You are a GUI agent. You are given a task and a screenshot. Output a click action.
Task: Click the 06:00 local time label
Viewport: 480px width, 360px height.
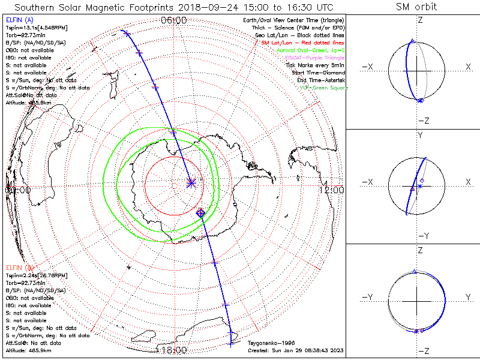click(174, 20)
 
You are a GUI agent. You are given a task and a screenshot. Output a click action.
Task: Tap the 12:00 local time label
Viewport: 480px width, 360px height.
click(332, 190)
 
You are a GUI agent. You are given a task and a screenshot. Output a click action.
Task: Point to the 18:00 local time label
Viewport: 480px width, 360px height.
click(174, 350)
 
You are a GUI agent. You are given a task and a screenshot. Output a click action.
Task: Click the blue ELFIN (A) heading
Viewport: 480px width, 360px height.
click(18, 20)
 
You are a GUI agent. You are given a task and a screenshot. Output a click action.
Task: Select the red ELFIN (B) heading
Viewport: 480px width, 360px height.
click(18, 267)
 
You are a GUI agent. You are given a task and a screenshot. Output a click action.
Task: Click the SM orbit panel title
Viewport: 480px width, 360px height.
click(416, 7)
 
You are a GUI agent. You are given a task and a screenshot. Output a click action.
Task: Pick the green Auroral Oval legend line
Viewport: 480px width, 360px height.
click(311, 50)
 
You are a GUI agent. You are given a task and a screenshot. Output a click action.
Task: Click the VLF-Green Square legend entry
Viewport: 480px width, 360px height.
click(324, 88)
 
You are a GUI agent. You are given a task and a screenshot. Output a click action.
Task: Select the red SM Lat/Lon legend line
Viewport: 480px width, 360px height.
click(302, 43)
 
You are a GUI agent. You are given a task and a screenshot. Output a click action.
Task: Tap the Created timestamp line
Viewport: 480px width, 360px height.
click(295, 350)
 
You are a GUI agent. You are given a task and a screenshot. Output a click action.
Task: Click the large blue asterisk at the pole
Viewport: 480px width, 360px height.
click(191, 184)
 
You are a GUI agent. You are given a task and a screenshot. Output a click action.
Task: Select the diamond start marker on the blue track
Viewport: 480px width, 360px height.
click(201, 212)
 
